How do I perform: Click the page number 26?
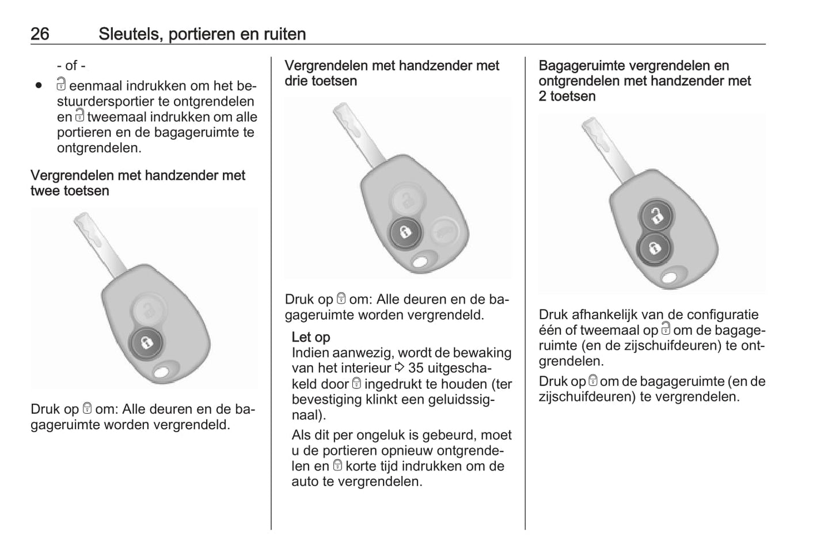coord(40,34)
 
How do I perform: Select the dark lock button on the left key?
coord(147,343)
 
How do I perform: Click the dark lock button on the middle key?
coord(406,232)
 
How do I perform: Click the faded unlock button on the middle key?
coord(407,199)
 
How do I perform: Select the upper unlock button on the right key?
coord(656,216)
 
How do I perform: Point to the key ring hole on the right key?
coord(670,277)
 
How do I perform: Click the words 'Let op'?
coord(310,337)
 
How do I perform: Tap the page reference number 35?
coord(416,368)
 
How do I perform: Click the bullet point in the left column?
coord(39,86)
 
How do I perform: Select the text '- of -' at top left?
coord(71,65)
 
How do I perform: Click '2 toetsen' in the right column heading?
coord(567,96)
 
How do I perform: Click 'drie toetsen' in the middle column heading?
coord(321,81)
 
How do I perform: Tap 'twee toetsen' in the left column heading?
coord(70,191)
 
